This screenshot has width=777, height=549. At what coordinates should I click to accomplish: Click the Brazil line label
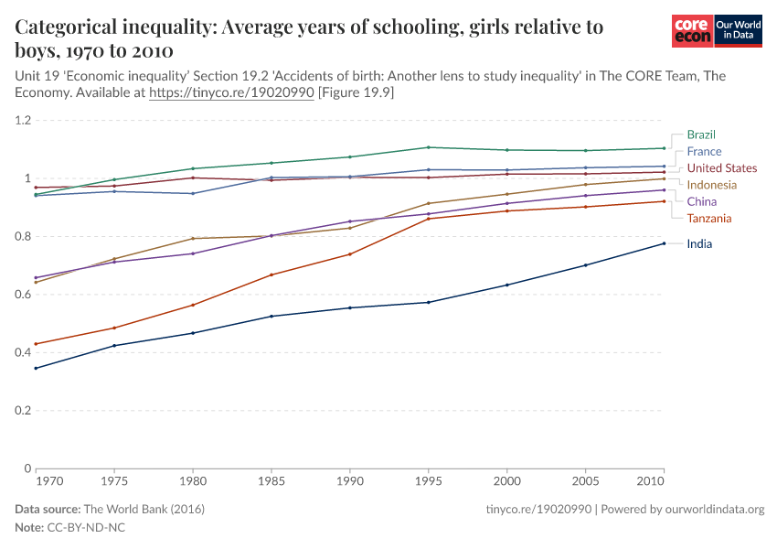click(701, 135)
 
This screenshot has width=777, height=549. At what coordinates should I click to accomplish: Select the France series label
click(704, 151)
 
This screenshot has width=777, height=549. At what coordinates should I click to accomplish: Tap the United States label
click(721, 168)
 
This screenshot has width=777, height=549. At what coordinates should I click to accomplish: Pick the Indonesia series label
click(712, 185)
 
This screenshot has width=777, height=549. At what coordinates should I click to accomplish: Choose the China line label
click(702, 201)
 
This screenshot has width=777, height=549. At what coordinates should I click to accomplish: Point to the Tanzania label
click(709, 218)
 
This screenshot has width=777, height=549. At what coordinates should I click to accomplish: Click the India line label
click(699, 243)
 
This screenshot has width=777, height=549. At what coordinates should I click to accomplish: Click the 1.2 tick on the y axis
click(23, 121)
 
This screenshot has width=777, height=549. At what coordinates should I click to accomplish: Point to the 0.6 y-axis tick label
click(23, 295)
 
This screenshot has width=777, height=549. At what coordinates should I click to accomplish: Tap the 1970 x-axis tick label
click(48, 479)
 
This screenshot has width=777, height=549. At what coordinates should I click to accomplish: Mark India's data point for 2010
click(664, 243)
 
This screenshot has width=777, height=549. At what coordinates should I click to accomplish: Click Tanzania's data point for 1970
click(36, 344)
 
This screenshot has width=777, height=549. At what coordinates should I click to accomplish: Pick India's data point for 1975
click(114, 346)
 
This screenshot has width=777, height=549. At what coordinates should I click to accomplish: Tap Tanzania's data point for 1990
click(350, 254)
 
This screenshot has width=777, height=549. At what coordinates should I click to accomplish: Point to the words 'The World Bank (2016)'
click(144, 509)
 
